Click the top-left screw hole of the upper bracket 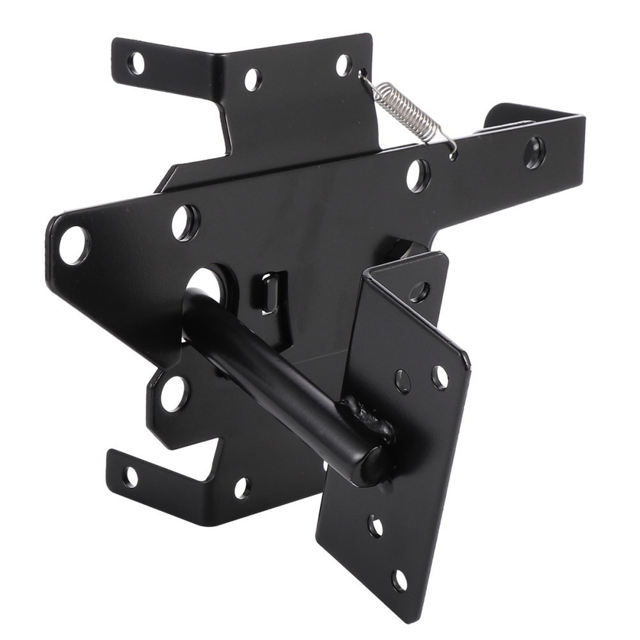(136, 63)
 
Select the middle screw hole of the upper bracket (252, 79)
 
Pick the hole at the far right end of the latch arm (534, 152)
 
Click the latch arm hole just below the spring (417, 175)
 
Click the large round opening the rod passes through (206, 284)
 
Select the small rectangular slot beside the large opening (269, 293)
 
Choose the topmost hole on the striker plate (419, 292)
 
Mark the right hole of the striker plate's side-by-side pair (440, 377)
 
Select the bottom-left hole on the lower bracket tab (130, 476)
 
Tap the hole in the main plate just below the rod (174, 393)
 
